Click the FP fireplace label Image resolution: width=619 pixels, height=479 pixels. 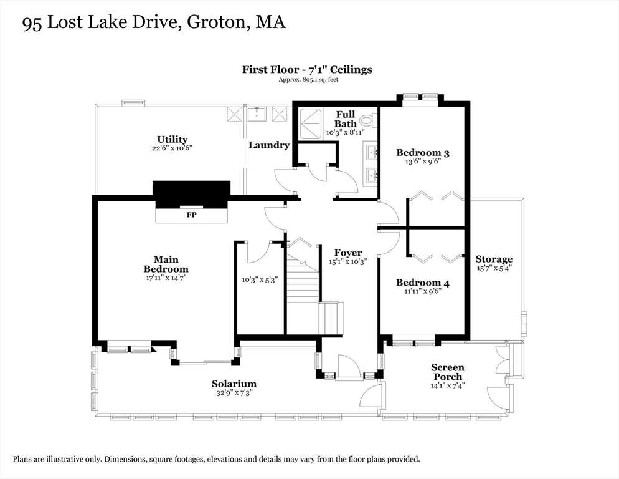click(191, 215)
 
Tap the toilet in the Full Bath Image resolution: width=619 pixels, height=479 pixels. click(369, 120)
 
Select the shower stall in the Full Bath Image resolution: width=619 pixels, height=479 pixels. click(311, 123)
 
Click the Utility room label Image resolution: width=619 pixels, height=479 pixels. click(172, 139)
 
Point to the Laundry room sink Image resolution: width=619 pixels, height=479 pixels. click(257, 114)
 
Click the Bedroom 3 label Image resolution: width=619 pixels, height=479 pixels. click(423, 153)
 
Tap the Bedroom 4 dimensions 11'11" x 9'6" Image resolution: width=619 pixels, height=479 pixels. click(423, 291)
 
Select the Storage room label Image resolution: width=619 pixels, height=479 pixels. click(494, 259)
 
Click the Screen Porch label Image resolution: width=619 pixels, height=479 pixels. click(448, 372)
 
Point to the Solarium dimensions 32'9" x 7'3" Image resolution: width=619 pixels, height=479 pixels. click(234, 393)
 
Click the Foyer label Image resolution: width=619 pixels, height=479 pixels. click(348, 253)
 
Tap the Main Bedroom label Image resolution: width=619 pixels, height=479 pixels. click(166, 264)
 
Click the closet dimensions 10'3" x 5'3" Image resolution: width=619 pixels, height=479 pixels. click(260, 279)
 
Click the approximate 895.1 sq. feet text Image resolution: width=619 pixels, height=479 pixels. click(308, 79)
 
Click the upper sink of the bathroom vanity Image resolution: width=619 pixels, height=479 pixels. click(371, 152)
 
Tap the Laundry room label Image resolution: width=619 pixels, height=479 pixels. click(269, 145)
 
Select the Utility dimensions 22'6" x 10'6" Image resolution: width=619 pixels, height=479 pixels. click(172, 148)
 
